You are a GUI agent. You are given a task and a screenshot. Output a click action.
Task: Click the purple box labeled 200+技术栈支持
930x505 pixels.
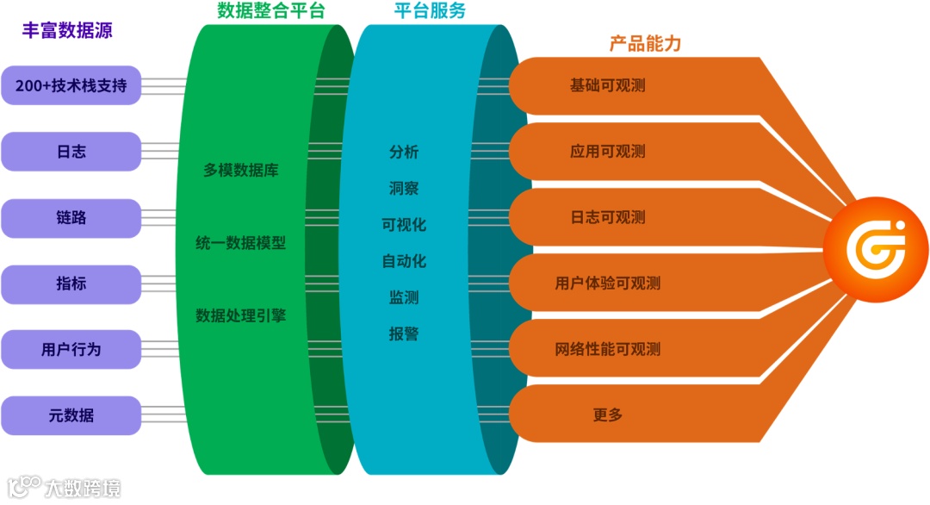[71, 85]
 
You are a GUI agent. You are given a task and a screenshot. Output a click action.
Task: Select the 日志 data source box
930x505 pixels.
[71, 152]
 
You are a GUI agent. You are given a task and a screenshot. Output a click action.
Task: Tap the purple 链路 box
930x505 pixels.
[71, 218]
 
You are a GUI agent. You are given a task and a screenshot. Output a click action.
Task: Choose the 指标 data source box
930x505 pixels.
[71, 284]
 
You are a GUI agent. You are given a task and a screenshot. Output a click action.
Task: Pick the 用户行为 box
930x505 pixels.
[71, 350]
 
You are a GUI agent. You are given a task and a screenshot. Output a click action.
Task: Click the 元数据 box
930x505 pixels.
[71, 415]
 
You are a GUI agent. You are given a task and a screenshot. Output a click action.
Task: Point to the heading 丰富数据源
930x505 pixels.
[67, 30]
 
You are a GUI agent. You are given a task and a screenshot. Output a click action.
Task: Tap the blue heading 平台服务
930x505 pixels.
[431, 11]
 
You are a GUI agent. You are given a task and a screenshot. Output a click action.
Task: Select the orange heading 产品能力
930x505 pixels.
[645, 43]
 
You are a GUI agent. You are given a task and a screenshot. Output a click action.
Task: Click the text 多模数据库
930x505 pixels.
[241, 170]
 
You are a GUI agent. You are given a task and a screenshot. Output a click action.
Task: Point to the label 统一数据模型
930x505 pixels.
[241, 243]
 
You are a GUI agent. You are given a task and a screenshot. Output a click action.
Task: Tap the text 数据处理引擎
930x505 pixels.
[241, 315]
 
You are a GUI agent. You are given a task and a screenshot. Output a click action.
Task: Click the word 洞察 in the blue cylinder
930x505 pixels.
[404, 188]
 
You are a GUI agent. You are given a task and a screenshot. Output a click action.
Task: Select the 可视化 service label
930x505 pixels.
[404, 225]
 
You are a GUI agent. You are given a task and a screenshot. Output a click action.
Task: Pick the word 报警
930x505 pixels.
[404, 334]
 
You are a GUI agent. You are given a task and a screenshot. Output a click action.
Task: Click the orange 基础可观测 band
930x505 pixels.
[608, 85]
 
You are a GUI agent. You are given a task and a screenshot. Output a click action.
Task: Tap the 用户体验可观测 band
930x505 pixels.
[608, 284]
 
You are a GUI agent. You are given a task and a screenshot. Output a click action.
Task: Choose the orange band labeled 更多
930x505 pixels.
[608, 415]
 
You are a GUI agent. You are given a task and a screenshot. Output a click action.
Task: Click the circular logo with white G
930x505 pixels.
[875, 248]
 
